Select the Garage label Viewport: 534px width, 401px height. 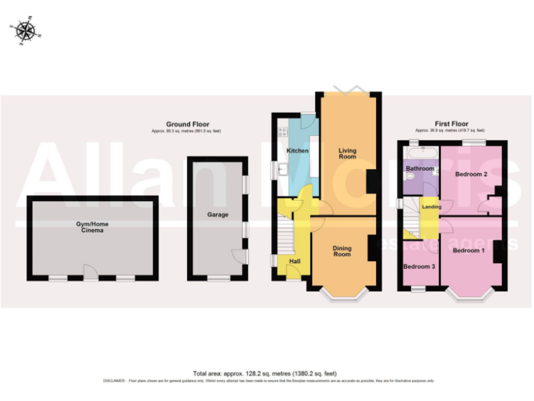[218, 215]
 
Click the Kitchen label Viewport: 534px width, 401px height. [298, 150]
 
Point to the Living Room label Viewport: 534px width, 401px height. [347, 153]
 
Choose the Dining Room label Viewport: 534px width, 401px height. [342, 251]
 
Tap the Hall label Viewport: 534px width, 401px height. [294, 261]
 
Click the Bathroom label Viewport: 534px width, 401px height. [420, 168]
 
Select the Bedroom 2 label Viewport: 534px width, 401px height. [471, 174]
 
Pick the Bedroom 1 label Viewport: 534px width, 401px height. [468, 250]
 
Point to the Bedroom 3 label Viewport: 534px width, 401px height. [419, 267]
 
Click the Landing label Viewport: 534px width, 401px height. [431, 207]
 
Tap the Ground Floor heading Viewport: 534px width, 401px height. [187, 125]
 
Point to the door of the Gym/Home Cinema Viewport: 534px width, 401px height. [88, 273]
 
